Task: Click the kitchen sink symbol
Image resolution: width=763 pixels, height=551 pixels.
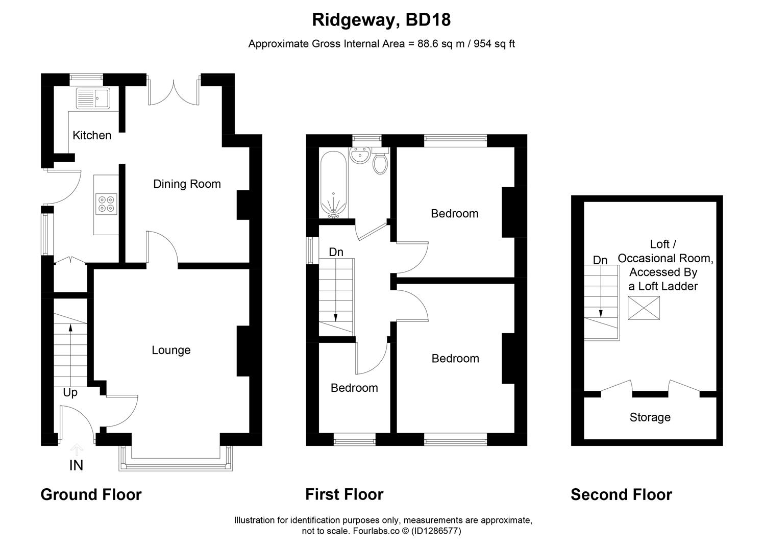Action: coord(93,98)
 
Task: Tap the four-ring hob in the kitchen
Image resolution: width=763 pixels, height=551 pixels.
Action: coord(107,204)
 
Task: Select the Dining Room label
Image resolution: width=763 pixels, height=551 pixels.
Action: coord(187,184)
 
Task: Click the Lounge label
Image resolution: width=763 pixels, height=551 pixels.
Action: coord(171,350)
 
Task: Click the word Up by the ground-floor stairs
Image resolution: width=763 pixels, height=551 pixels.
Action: coord(70,393)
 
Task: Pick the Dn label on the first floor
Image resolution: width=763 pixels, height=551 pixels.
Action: coord(336,252)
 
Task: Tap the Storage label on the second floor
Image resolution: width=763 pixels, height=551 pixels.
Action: coord(650,418)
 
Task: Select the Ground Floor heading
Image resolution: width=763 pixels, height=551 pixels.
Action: coord(91,495)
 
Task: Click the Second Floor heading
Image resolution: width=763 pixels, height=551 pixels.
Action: coord(621,495)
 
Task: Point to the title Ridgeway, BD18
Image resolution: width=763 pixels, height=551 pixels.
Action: coord(381,20)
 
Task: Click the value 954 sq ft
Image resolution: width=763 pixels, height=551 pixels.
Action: coord(494,44)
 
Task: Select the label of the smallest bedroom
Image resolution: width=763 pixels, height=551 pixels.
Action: coord(354,388)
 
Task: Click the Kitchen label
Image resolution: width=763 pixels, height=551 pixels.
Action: coord(92,136)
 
